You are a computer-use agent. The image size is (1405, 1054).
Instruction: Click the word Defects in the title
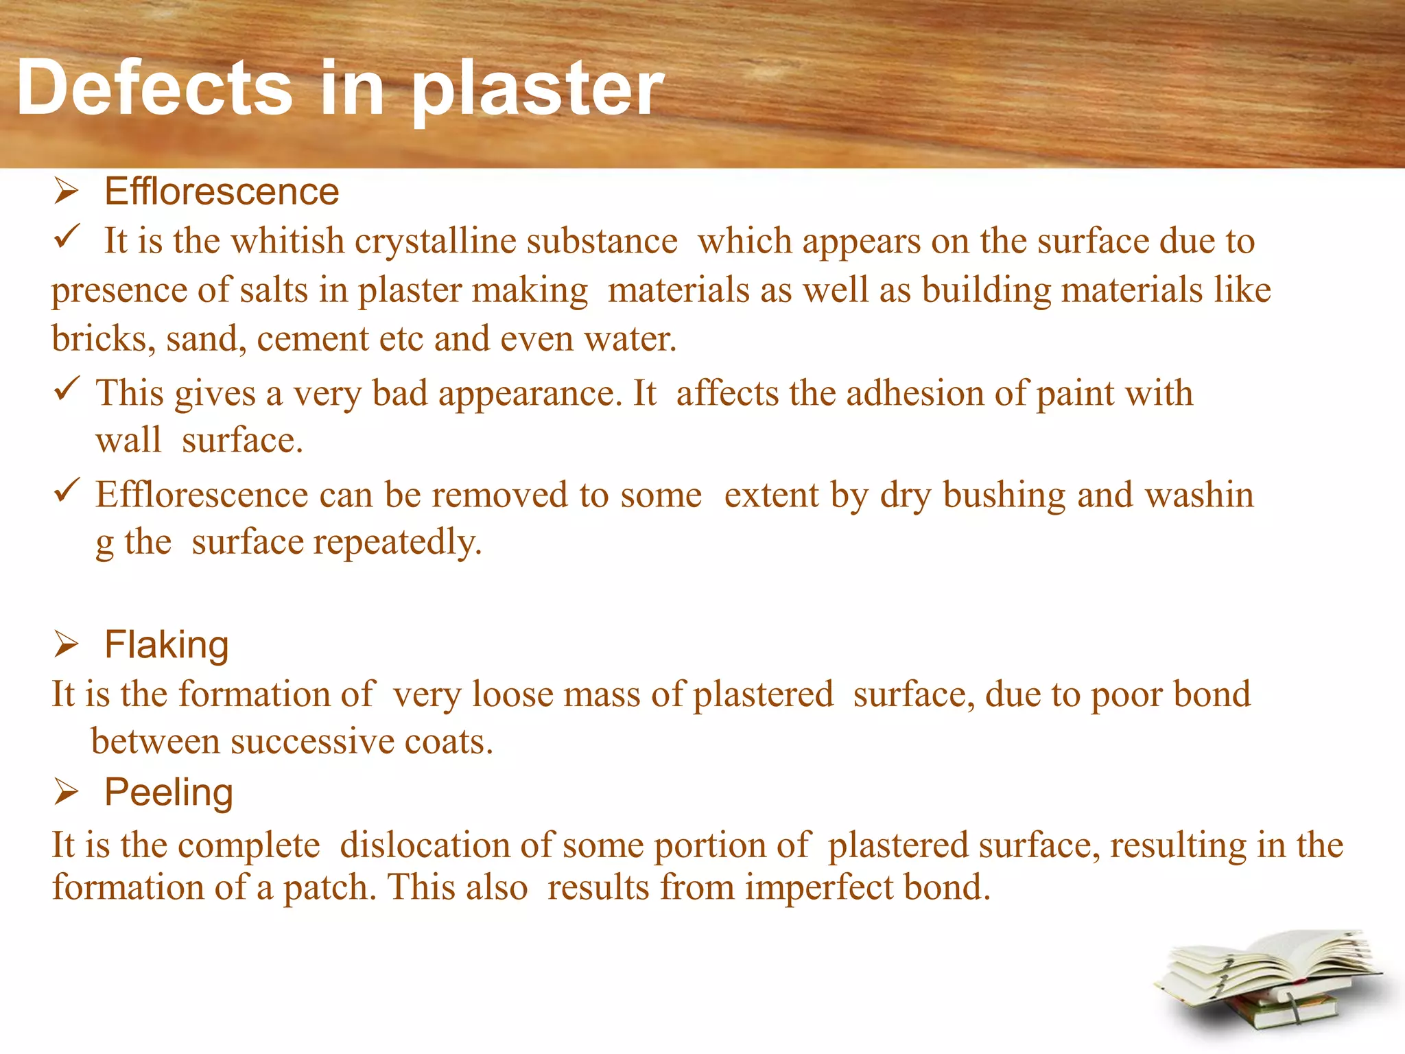point(154,88)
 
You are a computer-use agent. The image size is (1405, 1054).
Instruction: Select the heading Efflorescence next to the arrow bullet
point(221,191)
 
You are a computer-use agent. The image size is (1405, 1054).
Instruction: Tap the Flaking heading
point(166,645)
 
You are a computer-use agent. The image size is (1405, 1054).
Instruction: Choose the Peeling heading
point(169,793)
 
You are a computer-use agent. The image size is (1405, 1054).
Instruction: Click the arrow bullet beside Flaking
point(67,645)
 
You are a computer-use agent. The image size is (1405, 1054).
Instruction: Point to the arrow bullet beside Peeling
point(67,793)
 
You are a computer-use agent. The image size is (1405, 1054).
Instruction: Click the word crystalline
point(434,242)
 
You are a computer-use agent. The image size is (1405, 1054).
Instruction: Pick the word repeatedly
point(398,543)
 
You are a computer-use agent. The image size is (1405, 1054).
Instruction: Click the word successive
point(312,742)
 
